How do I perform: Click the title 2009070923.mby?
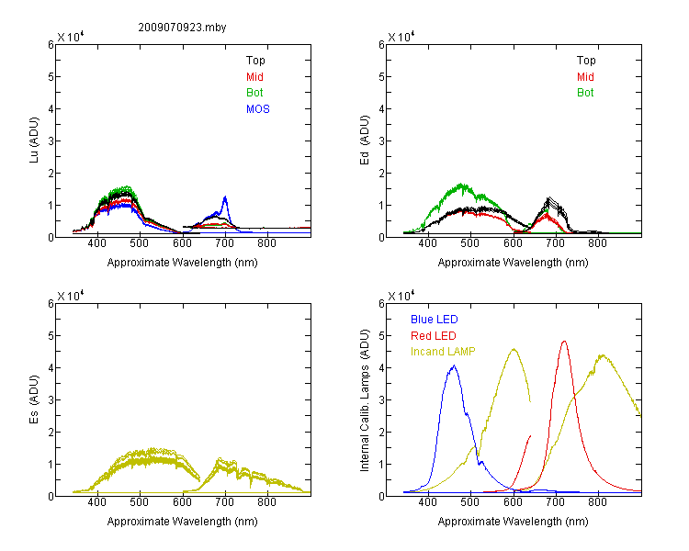point(182,28)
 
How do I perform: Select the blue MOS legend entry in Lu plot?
point(258,109)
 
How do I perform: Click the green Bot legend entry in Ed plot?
point(585,93)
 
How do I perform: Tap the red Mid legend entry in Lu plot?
point(254,77)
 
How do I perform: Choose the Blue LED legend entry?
point(435,320)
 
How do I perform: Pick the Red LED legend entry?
point(434,336)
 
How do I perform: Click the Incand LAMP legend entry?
point(443,352)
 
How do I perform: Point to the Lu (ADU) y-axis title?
point(34,141)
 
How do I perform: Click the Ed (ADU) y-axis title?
point(365,141)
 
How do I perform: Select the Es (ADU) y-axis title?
point(34,399)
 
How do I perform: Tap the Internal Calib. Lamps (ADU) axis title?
point(365,400)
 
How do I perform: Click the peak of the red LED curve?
point(564,341)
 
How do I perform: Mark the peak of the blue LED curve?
point(454,365)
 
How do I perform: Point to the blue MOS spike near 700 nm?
point(225,197)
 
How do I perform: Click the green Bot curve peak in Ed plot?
point(461,184)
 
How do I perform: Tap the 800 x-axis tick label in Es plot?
point(266,502)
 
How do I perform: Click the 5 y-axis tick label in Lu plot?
point(51,77)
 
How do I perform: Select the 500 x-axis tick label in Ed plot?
point(470,243)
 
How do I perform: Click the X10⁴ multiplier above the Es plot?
point(71,296)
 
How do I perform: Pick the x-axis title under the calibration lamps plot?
point(513,522)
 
